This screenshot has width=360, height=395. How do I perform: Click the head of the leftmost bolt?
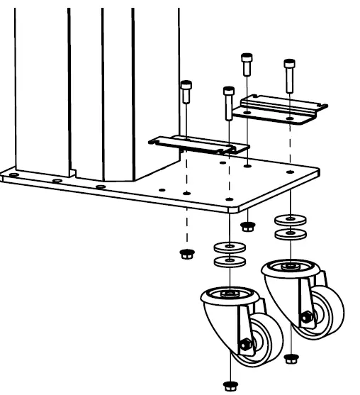coord(186,87)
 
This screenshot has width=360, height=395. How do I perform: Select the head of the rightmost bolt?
coord(289,62)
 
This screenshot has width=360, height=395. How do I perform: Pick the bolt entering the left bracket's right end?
coord(228,92)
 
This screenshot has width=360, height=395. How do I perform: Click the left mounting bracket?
coord(198,144)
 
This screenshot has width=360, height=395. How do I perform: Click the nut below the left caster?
coord(229,385)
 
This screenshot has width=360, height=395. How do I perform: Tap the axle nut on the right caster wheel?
coord(306,317)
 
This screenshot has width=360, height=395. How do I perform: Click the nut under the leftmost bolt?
coord(186,253)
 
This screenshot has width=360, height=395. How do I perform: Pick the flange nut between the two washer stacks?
coord(247,227)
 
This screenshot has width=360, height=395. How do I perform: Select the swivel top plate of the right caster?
coord(289,268)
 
